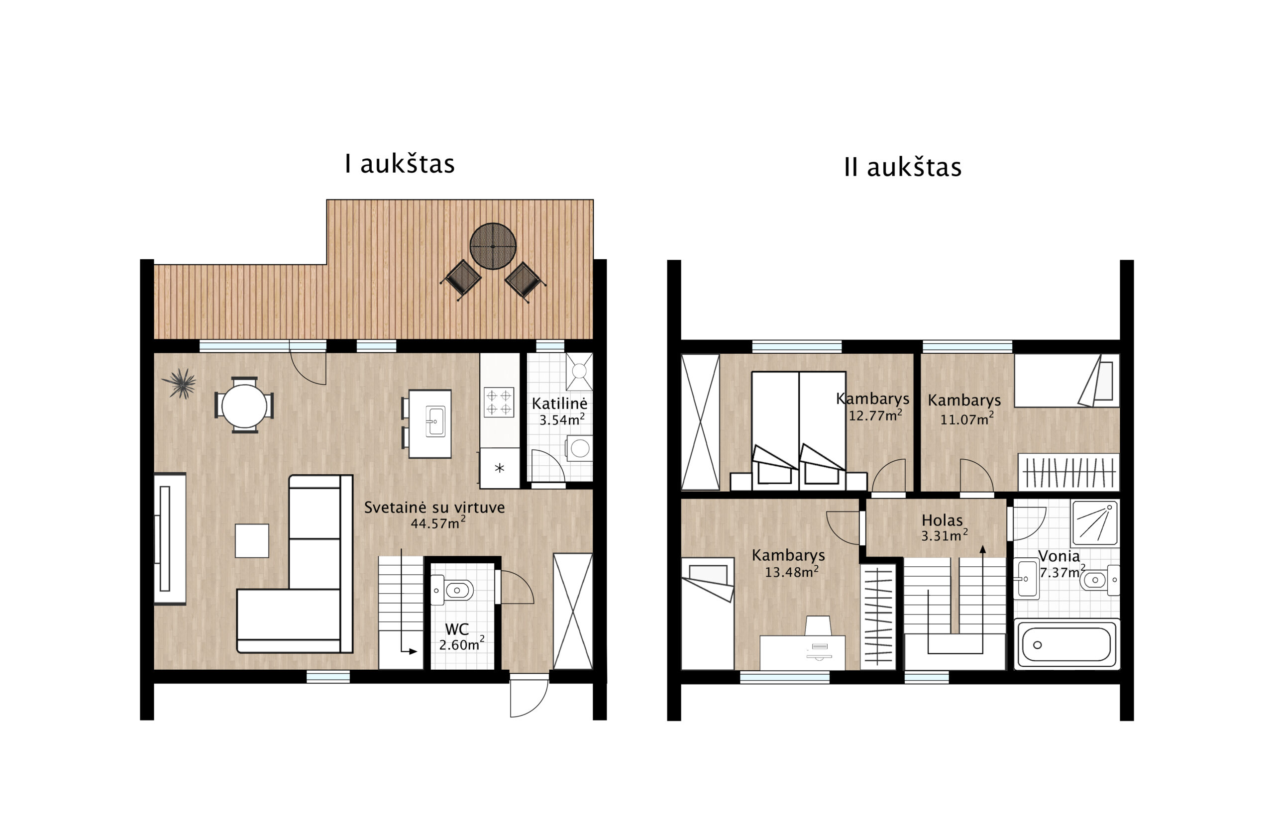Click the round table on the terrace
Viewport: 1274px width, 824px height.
tap(492, 246)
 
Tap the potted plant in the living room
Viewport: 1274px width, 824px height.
tap(179, 383)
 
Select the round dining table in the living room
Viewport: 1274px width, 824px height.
tap(244, 406)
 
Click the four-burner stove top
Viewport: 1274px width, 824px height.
tap(498, 402)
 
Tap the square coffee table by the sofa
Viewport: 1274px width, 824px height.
tap(251, 540)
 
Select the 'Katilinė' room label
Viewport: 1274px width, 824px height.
tap(559, 403)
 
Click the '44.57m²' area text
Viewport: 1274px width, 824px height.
tap(437, 523)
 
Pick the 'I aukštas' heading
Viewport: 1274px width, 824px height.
tap(399, 164)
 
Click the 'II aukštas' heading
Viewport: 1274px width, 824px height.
tap(902, 167)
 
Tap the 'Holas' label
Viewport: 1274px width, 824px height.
tap(942, 519)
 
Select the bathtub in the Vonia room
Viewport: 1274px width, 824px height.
tap(1066, 644)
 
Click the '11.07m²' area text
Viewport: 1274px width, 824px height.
tap(967, 419)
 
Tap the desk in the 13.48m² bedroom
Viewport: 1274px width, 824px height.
tap(802, 652)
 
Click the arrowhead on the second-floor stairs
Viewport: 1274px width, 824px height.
tap(982, 549)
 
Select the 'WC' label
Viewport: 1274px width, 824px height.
tap(456, 629)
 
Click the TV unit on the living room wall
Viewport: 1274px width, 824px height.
tap(170, 538)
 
